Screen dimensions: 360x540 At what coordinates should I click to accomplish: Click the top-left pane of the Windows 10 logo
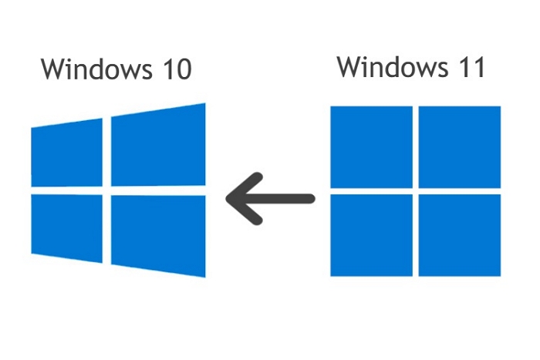pyautogui.click(x=66, y=153)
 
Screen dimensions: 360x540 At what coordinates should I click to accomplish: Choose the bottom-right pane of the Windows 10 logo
pyautogui.click(x=159, y=234)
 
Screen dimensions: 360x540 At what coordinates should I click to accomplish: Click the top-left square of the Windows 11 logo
pyautogui.click(x=371, y=146)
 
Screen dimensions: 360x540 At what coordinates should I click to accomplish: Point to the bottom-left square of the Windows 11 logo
pyautogui.click(x=371, y=234)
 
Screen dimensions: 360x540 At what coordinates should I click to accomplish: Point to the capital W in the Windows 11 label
pyautogui.click(x=350, y=68)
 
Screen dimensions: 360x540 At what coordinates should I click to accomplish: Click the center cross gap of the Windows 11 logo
pyautogui.click(x=415, y=190)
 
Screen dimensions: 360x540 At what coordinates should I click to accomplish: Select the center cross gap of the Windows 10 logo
pyautogui.click(x=106, y=190)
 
